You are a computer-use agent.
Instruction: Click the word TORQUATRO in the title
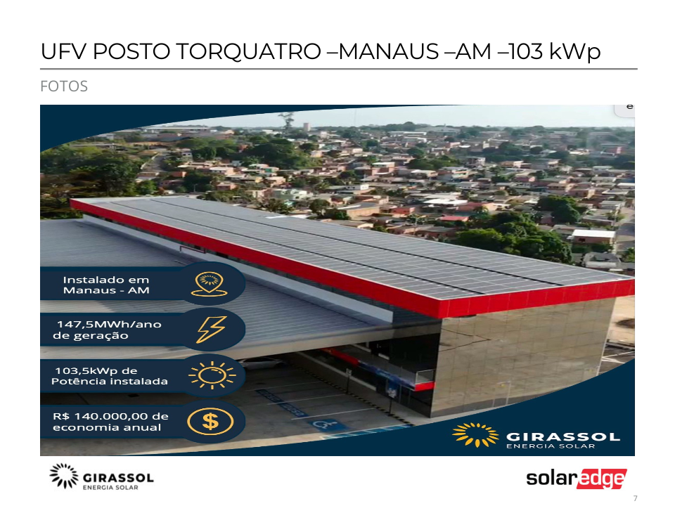[249, 51]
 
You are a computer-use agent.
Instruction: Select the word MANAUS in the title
[389, 51]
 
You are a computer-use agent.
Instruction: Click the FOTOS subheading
[64, 86]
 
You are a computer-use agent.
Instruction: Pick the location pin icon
[210, 284]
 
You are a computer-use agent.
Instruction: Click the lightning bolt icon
[211, 330]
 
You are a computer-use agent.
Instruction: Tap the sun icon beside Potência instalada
[212, 375]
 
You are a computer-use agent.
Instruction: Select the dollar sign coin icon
[210, 421]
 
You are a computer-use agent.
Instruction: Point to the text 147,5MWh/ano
[110, 325]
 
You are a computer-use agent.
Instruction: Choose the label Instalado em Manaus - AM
[106, 285]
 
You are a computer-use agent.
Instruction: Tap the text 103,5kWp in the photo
[83, 370]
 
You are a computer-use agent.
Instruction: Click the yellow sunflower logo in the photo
[475, 434]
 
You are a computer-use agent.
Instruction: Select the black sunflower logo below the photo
[64, 476]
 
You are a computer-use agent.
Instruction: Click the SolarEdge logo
[577, 479]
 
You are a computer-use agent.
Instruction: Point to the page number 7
[636, 498]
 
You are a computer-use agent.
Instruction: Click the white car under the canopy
[262, 363]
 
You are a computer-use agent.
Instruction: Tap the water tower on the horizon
[306, 126]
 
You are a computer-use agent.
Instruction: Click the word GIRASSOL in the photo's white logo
[563, 436]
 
